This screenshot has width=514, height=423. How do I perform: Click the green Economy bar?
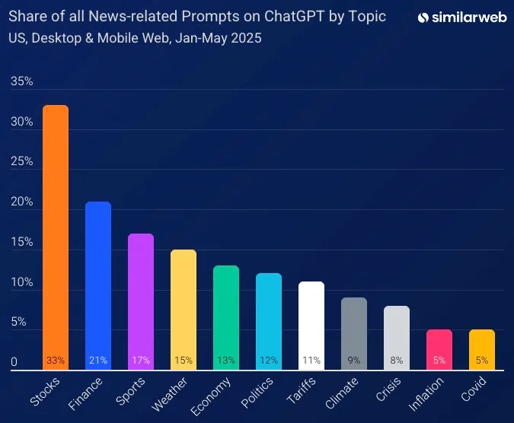click(x=226, y=312)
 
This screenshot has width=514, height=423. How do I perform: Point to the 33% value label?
click(x=56, y=361)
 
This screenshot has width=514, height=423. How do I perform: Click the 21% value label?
click(x=98, y=361)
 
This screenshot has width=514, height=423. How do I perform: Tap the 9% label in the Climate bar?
click(x=354, y=361)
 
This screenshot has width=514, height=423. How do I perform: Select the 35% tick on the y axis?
click(x=21, y=81)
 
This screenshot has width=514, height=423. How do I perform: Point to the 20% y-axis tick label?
click(x=21, y=202)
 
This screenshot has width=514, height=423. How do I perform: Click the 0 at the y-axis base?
click(x=13, y=363)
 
